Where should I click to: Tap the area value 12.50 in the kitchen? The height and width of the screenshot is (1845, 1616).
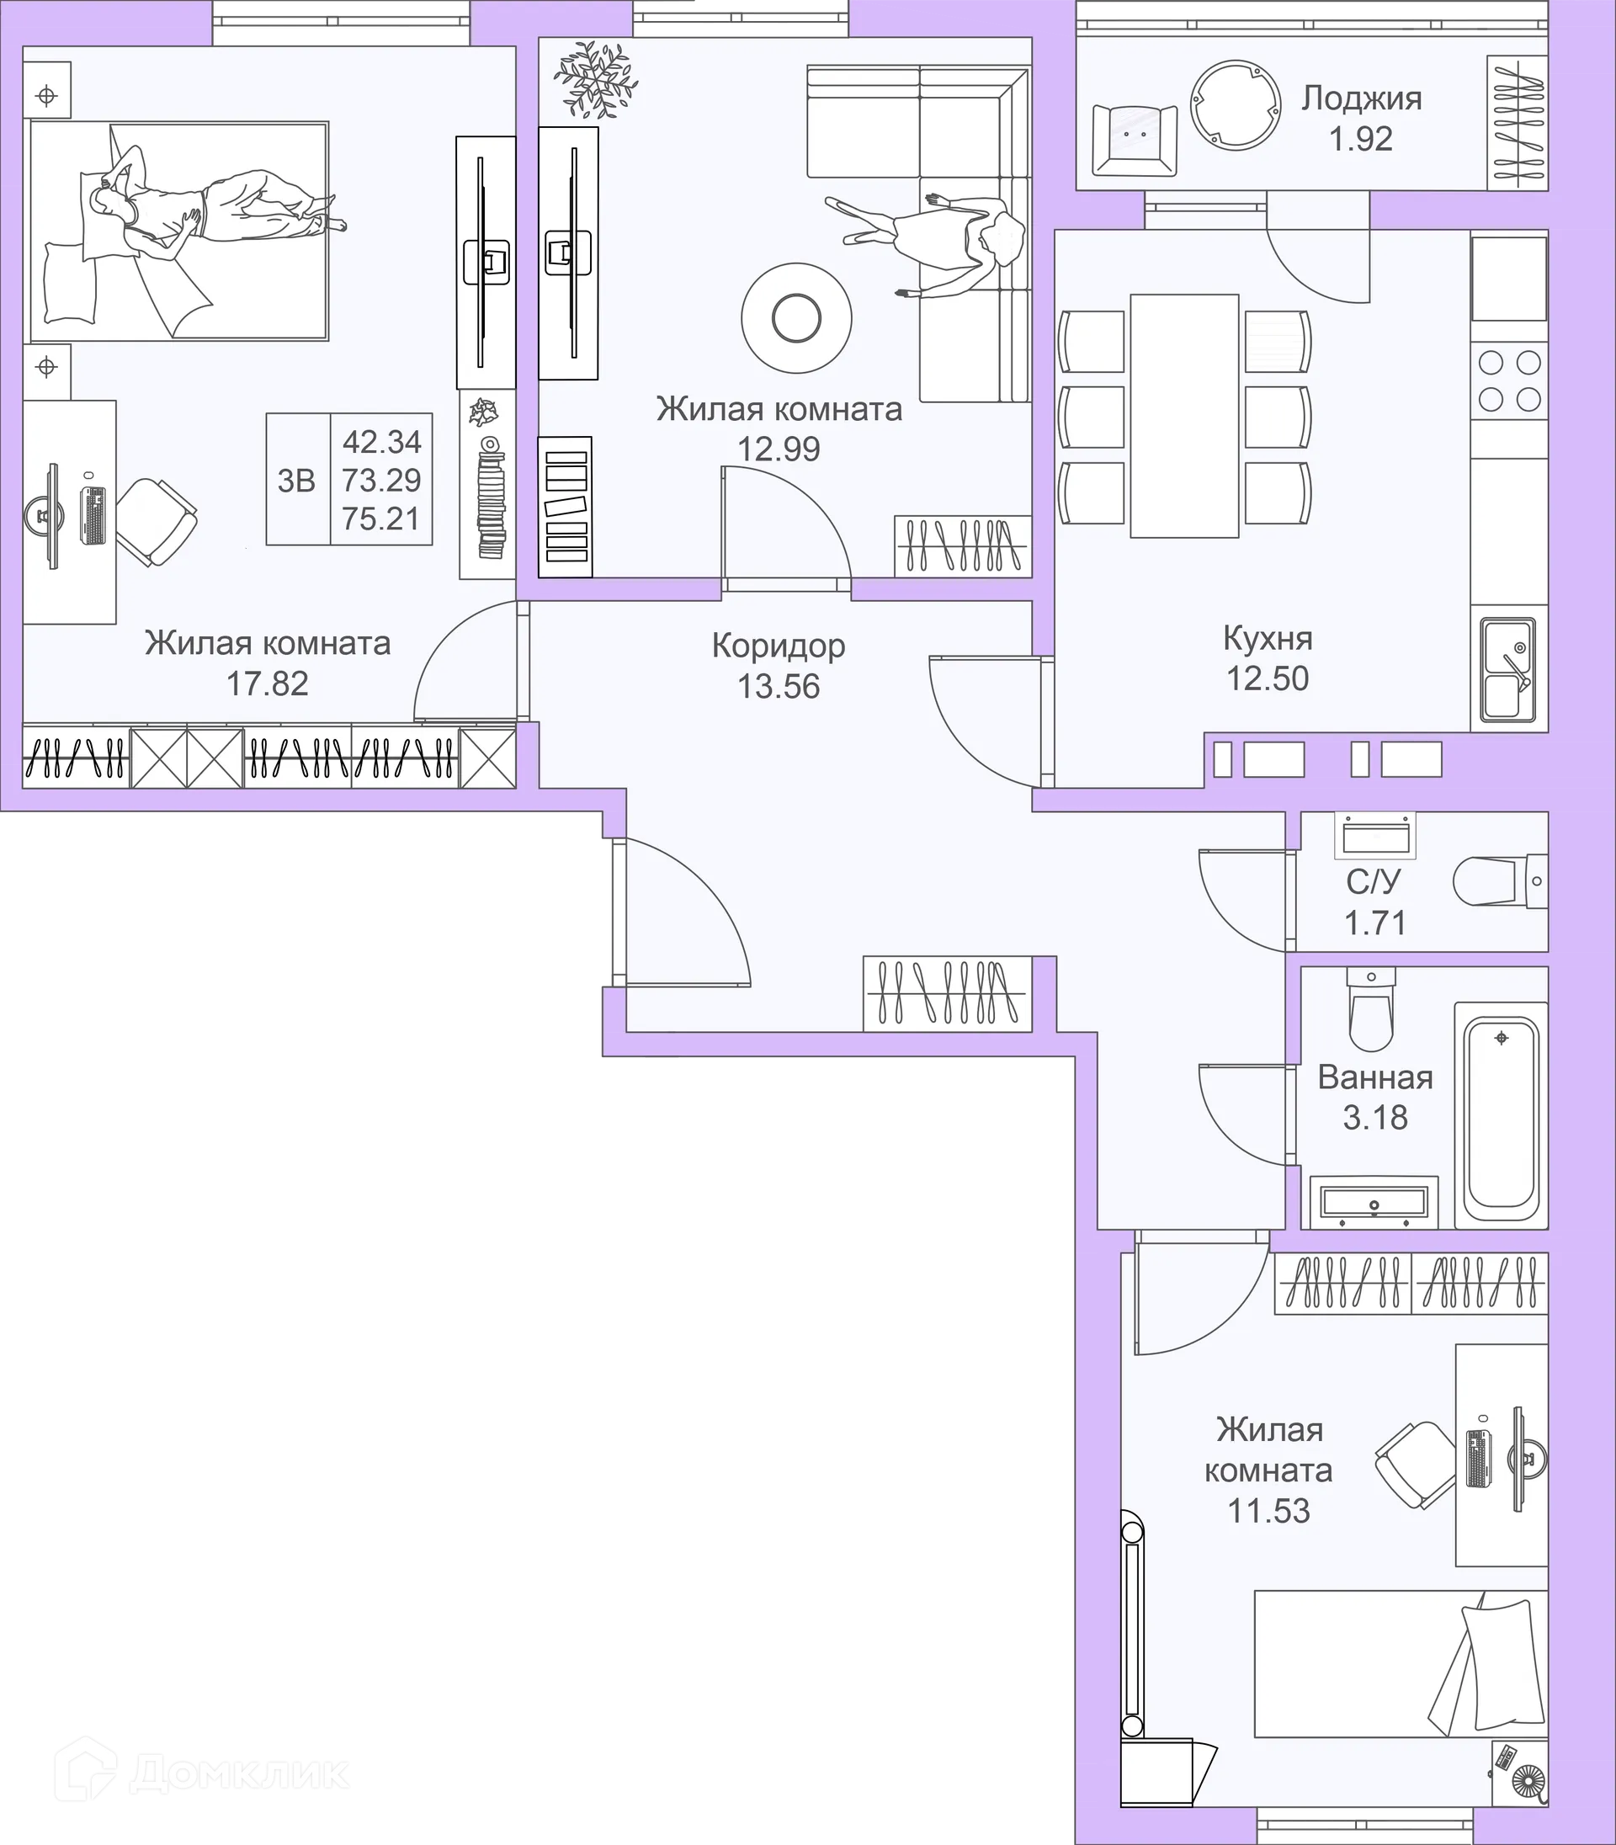coord(1267,678)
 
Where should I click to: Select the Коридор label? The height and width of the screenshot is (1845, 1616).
coord(779,646)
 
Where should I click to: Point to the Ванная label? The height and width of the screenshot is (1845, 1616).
coord(1375,1077)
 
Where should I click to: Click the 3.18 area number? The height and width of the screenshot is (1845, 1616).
coord(1375,1118)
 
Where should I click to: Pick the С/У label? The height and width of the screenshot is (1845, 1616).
coord(1374,882)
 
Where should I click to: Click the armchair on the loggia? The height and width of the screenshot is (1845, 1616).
coord(1135,140)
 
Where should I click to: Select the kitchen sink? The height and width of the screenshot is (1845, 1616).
coord(1507,669)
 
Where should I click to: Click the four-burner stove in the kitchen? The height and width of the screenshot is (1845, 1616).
coord(1510,381)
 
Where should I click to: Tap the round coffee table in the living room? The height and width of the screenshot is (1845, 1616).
coord(796,316)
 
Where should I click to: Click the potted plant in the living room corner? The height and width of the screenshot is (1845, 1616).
coord(595,80)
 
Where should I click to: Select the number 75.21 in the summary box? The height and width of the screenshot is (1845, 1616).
coord(381,519)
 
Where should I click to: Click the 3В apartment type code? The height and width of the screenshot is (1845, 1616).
coord(295,481)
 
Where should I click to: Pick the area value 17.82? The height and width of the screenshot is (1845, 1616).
coord(267,683)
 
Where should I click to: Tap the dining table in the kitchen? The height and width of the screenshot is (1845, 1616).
coord(1184,416)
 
